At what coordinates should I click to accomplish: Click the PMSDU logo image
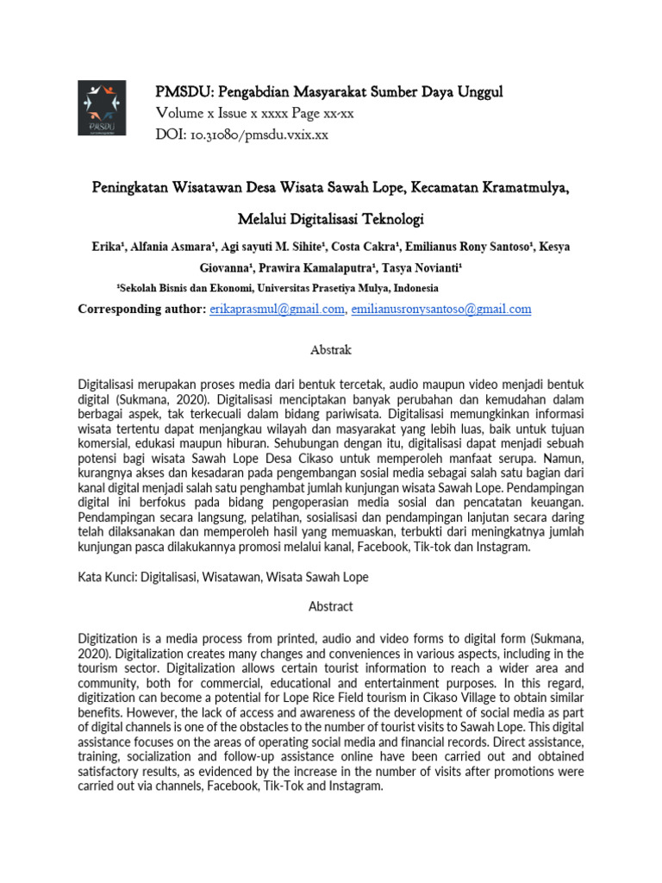tap(102, 108)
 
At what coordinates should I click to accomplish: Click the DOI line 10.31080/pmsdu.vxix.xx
tap(242, 135)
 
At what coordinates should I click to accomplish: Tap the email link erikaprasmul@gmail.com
tap(277, 309)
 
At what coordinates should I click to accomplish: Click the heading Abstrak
tap(331, 351)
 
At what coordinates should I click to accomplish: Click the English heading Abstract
tap(331, 606)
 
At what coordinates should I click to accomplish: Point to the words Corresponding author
tap(142, 309)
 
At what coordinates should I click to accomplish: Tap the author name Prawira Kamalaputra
tap(322, 267)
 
